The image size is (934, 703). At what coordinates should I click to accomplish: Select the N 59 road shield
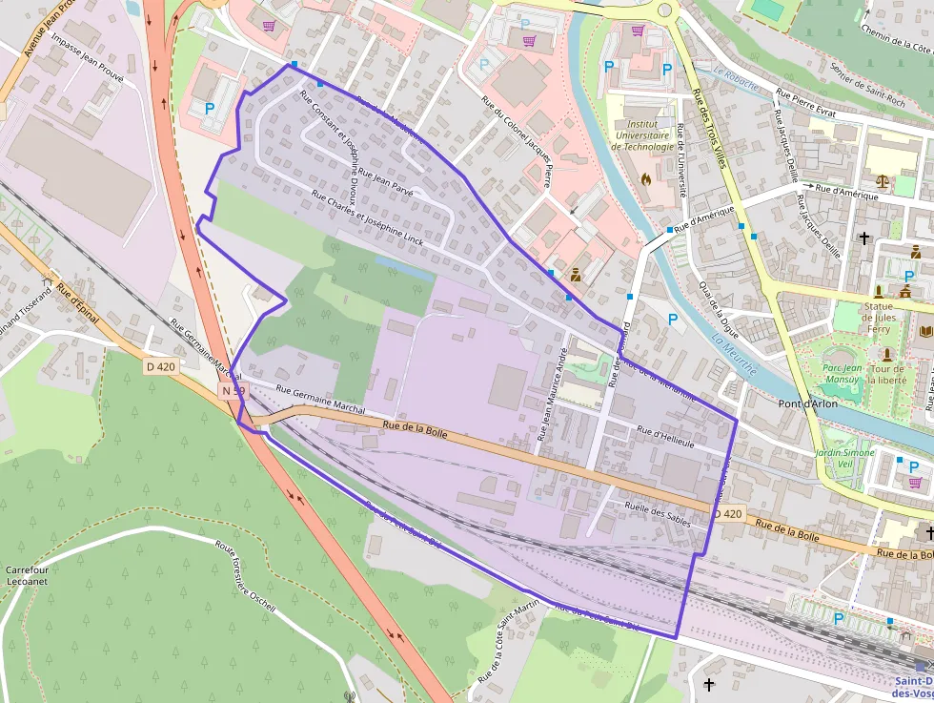[x=233, y=391]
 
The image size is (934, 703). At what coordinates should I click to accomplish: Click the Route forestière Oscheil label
[x=245, y=578]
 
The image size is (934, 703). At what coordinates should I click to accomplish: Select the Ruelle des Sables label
[x=657, y=511]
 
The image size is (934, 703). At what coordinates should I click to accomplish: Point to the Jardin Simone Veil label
[x=844, y=458]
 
